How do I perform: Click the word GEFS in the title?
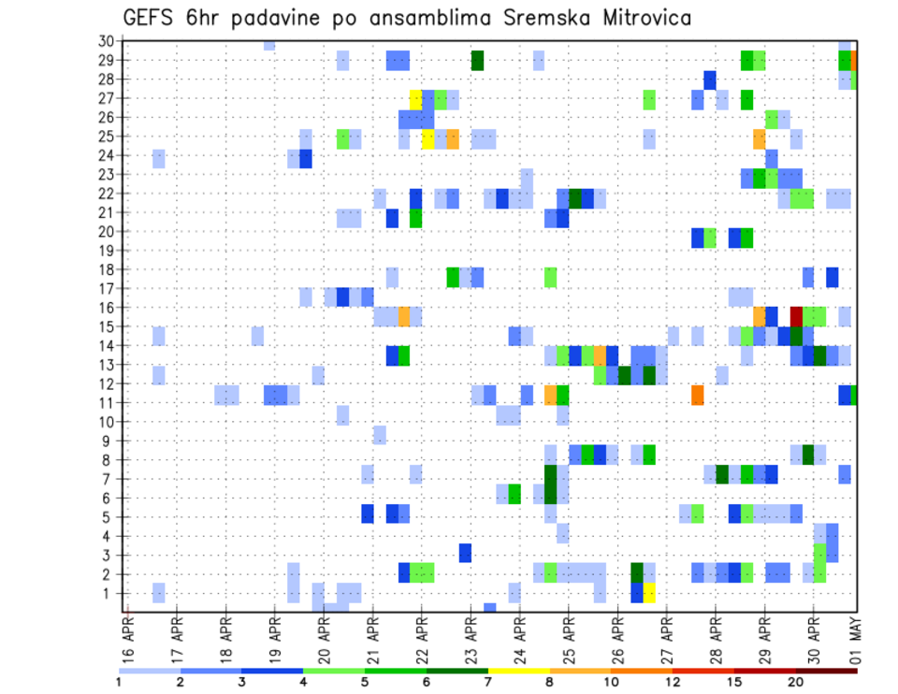[x=149, y=18]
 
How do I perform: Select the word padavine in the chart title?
[x=286, y=19]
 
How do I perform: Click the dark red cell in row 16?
[x=796, y=315]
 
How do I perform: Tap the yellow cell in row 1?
[x=649, y=593]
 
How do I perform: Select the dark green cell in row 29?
[x=477, y=60]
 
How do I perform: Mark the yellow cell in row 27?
[x=416, y=98]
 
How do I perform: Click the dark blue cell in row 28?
[x=710, y=80]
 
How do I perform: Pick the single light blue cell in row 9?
[x=380, y=435]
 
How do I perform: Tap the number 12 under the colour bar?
[x=673, y=681]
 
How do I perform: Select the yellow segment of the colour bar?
[x=519, y=670]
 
